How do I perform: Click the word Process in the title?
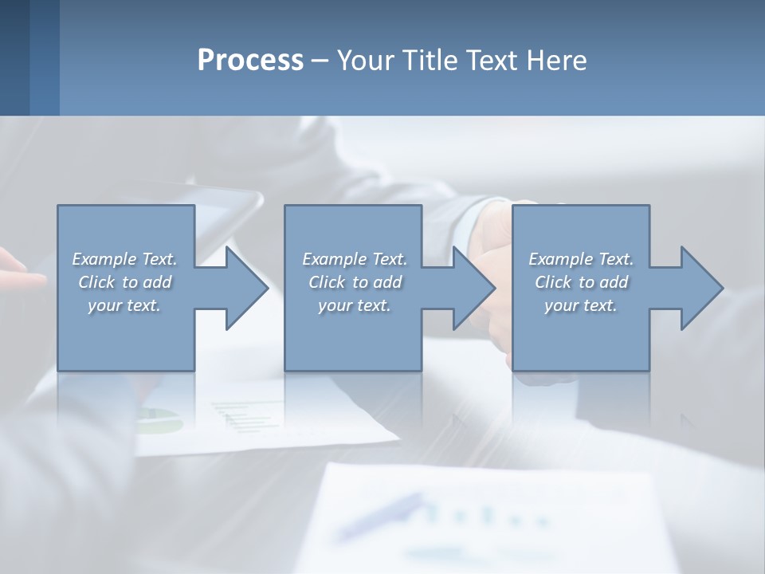pos(250,61)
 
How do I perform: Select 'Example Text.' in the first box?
pos(125,259)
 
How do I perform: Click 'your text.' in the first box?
pos(125,305)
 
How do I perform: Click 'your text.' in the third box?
pos(581,305)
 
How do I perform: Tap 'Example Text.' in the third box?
pos(581,259)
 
